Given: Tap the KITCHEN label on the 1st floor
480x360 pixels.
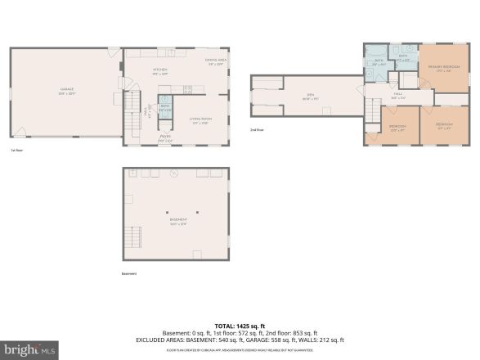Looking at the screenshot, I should [160, 71].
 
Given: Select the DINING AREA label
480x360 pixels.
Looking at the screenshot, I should [216, 61].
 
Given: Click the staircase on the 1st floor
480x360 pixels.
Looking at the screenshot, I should [132, 113].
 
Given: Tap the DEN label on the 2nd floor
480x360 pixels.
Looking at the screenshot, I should [311, 97].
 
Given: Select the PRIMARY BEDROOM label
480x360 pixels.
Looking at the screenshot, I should [444, 67].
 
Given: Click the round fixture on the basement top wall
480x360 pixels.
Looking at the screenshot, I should [173, 174].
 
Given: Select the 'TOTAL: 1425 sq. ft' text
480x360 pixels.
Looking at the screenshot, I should [239, 326].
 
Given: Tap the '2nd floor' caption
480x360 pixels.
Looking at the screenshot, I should [257, 130].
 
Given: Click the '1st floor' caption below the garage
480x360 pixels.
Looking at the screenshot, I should [16, 151].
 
